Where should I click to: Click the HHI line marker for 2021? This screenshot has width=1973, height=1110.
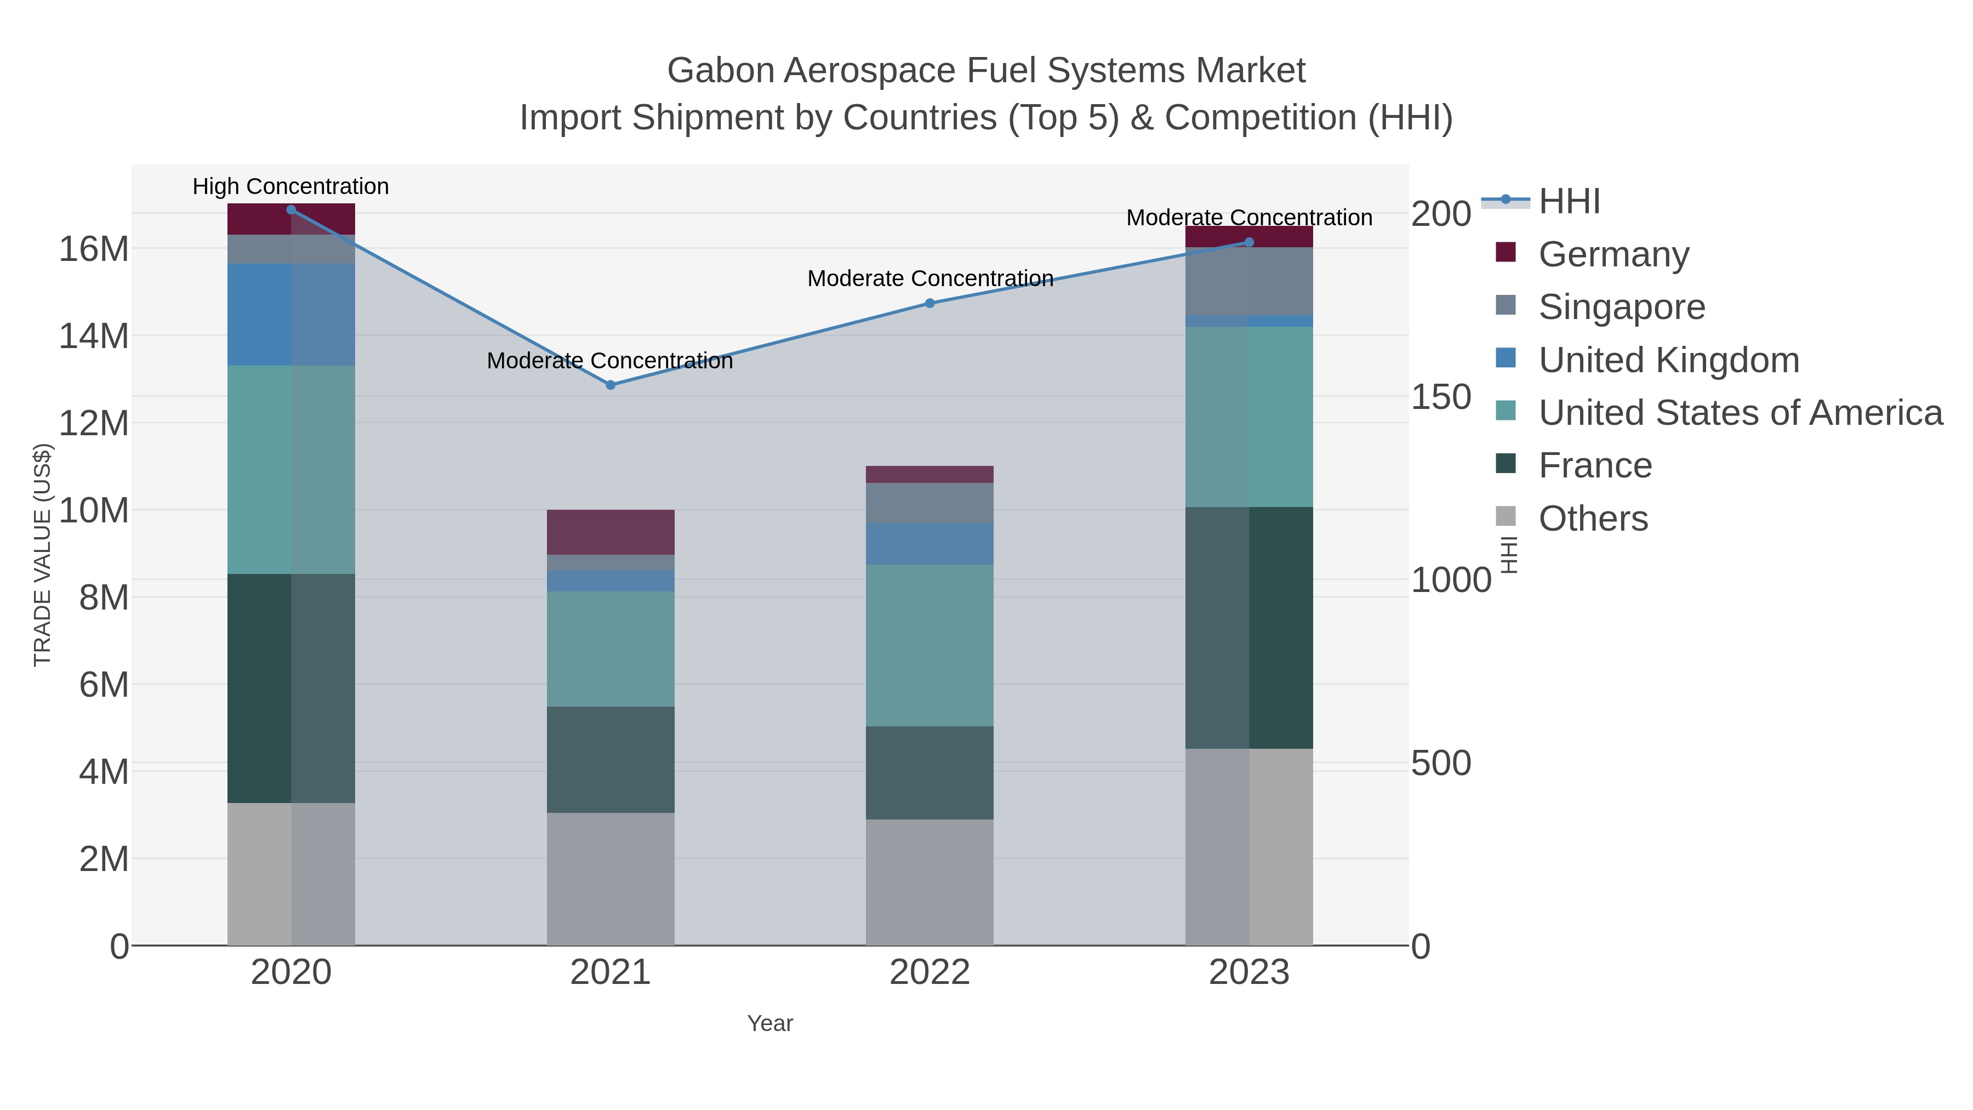(x=611, y=385)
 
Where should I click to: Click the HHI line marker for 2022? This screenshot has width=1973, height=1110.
(x=930, y=303)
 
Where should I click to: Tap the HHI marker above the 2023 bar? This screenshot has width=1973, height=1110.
(x=1249, y=242)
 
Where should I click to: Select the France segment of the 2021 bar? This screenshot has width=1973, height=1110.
(x=611, y=759)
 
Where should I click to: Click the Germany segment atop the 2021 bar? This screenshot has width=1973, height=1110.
(x=611, y=532)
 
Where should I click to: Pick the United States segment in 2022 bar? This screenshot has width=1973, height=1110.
(x=930, y=645)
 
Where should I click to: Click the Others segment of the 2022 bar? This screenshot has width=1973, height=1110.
(x=930, y=882)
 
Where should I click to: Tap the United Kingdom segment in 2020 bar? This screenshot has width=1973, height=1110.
(x=291, y=314)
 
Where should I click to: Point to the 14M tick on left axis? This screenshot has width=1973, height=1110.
(x=93, y=335)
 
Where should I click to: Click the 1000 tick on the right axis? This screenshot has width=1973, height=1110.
(x=1451, y=580)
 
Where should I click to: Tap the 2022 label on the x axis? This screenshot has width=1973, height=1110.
(x=930, y=972)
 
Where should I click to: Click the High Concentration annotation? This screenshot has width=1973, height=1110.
(x=291, y=186)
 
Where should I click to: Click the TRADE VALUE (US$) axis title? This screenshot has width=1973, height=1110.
(x=42, y=555)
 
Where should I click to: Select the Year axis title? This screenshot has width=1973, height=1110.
(x=770, y=1023)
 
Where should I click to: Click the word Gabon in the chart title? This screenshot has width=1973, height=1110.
(x=720, y=71)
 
